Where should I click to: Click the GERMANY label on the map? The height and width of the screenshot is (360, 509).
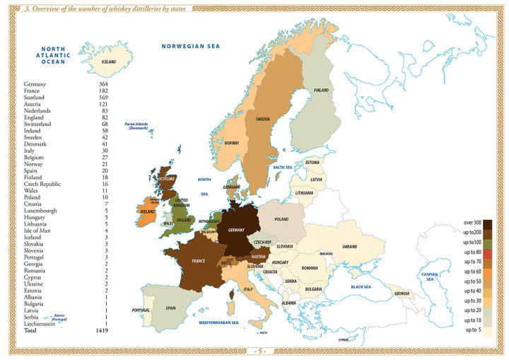[236, 230]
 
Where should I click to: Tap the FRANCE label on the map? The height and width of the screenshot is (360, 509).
[198, 261]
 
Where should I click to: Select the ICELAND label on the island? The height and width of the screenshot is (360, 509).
[108, 62]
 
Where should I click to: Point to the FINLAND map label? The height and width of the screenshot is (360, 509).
[321, 91]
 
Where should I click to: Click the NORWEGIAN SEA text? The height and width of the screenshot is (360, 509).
[191, 46]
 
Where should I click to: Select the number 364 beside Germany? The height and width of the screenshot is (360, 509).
[103, 84]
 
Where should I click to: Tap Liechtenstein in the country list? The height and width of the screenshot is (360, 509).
[42, 323]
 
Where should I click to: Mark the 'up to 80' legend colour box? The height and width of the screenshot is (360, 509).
[488, 252]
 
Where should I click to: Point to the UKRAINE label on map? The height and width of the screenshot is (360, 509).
[350, 246]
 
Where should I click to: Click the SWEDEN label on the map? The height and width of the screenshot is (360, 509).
[262, 119]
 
